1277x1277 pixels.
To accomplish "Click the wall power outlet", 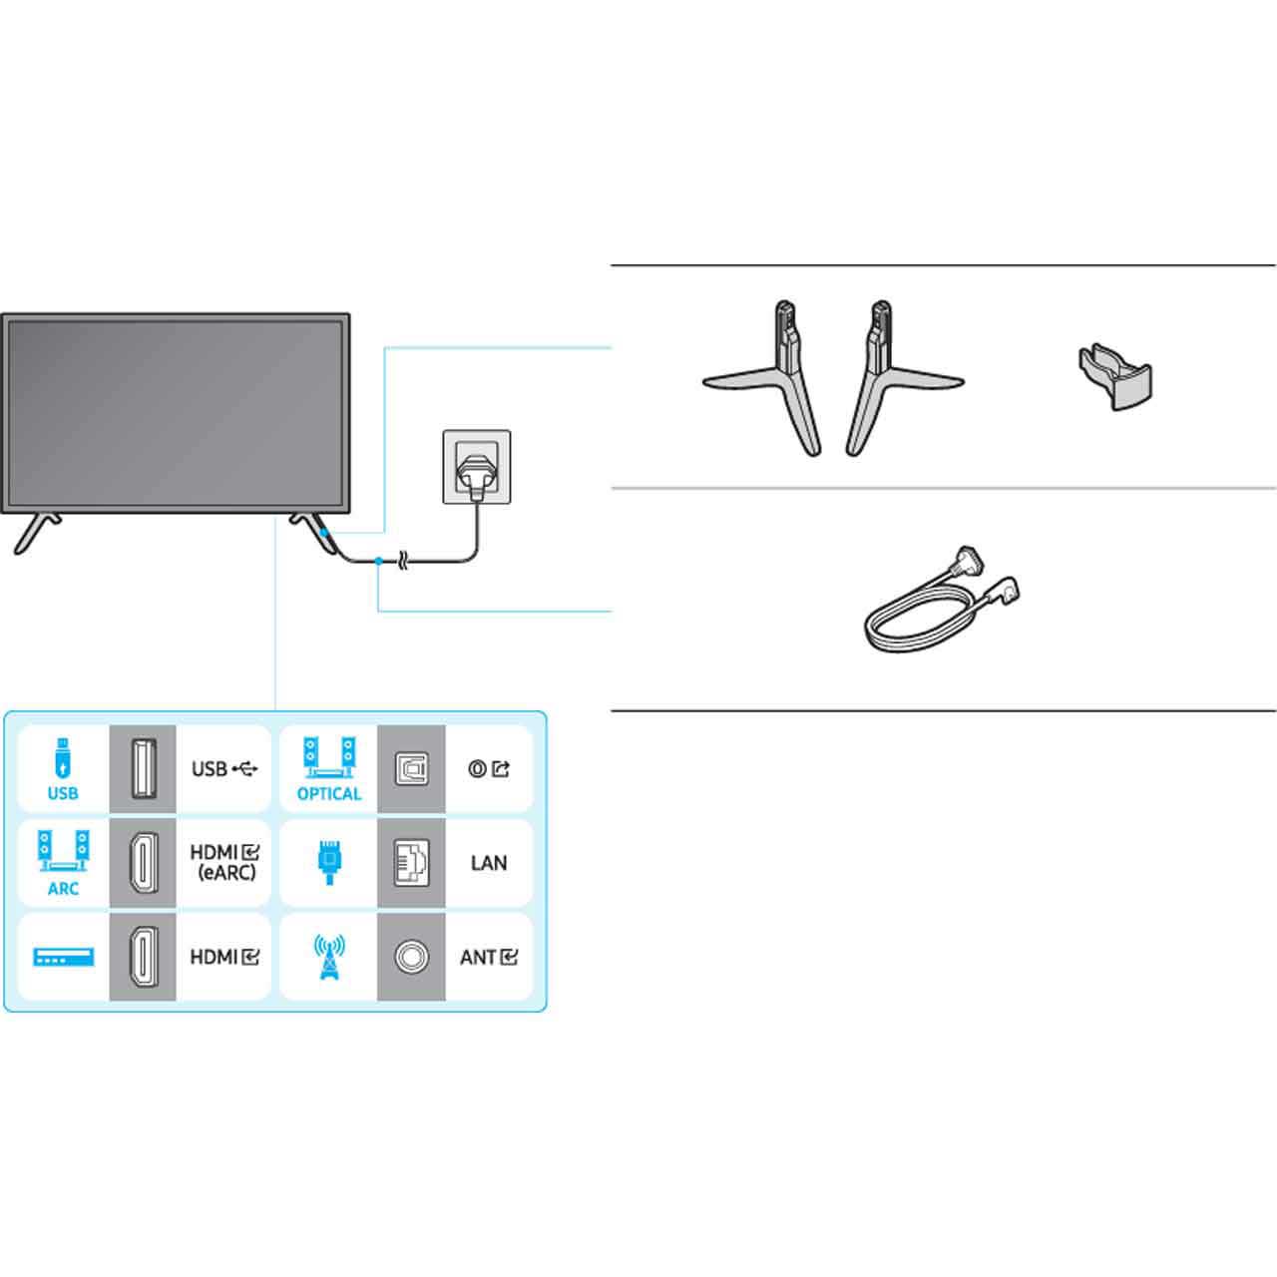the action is pos(477,467).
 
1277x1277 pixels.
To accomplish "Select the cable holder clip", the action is pos(1115,377).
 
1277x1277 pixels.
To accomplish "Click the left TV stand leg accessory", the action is pos(769,378).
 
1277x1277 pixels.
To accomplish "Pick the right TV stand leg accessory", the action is pos(898,378).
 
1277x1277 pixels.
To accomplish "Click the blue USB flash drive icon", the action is pos(62,757).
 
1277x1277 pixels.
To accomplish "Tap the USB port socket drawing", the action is pos(143,768).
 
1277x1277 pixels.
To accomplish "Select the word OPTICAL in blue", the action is pos(328,793).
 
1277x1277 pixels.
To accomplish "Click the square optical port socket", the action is pos(411,769).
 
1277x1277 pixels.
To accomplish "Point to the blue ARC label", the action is pos(63,889).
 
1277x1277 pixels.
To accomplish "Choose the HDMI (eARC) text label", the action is pos(224,862).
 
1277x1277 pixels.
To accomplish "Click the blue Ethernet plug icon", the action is pos(329,862).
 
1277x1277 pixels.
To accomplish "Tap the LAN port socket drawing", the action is pos(411,863).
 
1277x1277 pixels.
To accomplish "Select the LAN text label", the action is pos(489,863).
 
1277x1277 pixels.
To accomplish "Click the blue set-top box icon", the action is pos(64,957).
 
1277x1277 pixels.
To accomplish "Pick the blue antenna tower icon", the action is pos(329,957).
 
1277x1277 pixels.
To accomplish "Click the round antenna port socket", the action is pos(411,957).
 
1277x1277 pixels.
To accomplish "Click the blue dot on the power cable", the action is pos(378,562).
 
